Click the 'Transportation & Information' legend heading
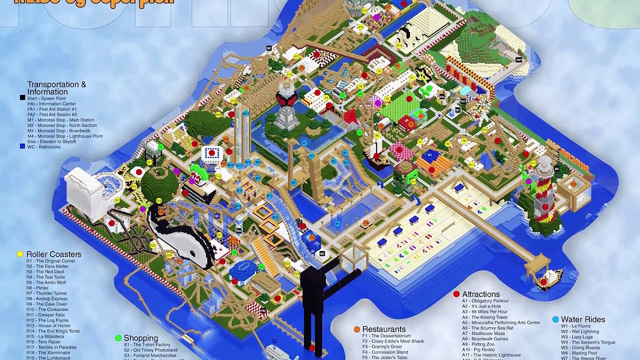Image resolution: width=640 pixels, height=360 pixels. [x=56, y=88]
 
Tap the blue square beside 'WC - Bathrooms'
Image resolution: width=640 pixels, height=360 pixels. [x=22, y=146]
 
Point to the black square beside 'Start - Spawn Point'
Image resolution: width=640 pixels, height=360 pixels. [x=22, y=98]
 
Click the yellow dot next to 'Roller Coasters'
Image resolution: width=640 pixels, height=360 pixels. [x=20, y=254]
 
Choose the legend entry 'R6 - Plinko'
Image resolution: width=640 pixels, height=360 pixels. [x=37, y=288]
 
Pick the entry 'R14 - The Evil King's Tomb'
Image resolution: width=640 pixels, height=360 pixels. [x=53, y=331]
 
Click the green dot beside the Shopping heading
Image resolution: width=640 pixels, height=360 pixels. [x=118, y=338]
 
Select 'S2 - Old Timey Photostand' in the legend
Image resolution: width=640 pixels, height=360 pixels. [x=150, y=350]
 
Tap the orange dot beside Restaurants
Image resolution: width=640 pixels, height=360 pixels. [x=356, y=329]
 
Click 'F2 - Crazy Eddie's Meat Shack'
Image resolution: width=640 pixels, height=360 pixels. [x=393, y=341]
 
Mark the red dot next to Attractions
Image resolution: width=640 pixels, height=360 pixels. [x=456, y=294]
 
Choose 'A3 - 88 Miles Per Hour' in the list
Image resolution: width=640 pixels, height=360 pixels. [x=484, y=312]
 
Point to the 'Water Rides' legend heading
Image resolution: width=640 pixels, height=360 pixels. [x=582, y=319]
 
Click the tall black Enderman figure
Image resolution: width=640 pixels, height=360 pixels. [x=312, y=300]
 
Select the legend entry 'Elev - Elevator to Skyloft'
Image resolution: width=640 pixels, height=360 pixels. [x=51, y=141]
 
